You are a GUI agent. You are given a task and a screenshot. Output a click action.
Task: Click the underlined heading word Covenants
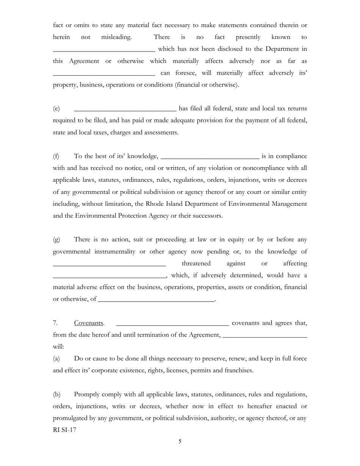(x=88, y=323)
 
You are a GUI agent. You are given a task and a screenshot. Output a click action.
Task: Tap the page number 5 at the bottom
(x=180, y=441)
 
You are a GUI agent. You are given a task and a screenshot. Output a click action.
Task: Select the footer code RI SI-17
(x=64, y=430)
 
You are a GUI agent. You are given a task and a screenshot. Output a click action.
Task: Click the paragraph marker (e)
(x=56, y=109)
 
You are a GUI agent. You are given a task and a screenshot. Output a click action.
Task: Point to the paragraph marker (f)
(x=56, y=156)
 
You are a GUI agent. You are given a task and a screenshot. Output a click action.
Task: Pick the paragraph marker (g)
(x=56, y=240)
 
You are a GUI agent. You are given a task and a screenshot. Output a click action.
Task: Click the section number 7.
(x=55, y=323)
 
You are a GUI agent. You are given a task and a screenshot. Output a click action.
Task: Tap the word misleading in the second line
(x=116, y=37)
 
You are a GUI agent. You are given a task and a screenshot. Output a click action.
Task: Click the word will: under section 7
(x=58, y=347)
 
